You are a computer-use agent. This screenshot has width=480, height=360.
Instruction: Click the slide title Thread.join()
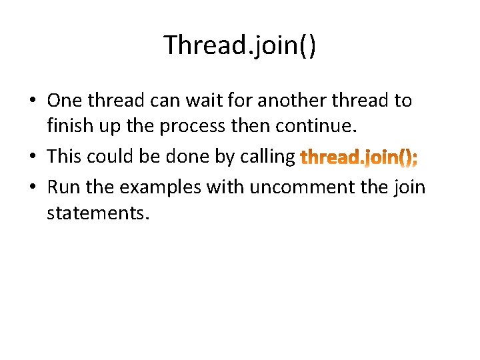pyautogui.click(x=240, y=45)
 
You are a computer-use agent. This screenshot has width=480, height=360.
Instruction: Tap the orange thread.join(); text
pyautogui.click(x=359, y=158)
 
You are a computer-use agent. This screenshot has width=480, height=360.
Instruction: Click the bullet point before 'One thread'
pyautogui.click(x=33, y=101)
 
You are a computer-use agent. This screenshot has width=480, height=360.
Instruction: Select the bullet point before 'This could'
pyautogui.click(x=33, y=157)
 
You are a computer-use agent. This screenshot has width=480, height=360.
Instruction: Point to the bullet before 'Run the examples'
pyautogui.click(x=33, y=187)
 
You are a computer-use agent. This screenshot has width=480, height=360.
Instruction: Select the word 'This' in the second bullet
pyautogui.click(x=65, y=156)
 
